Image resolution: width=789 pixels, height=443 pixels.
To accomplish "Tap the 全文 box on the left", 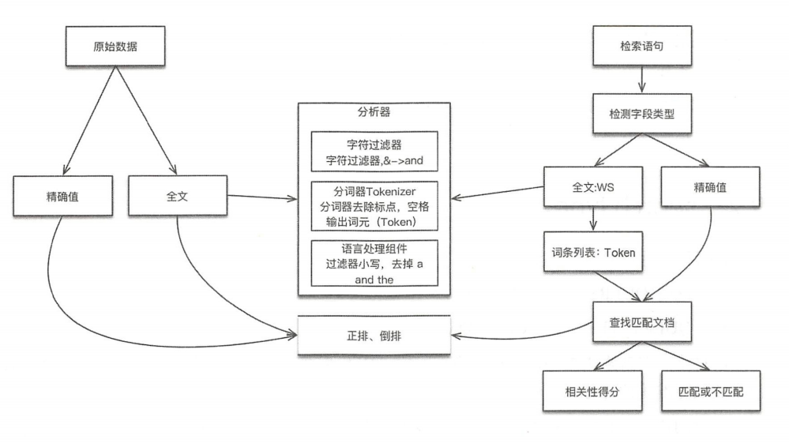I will coord(177,195).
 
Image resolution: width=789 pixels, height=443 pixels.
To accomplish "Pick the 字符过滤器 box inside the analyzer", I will coord(374,152).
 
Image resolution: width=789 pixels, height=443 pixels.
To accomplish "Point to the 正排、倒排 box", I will coord(374,336).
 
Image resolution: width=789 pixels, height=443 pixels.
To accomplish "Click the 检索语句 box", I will coord(641,47).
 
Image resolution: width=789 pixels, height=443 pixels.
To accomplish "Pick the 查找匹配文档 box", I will coord(641,322).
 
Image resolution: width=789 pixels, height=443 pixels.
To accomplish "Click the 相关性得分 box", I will coord(592,392).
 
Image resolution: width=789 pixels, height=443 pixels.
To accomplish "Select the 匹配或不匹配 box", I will coord(710,392).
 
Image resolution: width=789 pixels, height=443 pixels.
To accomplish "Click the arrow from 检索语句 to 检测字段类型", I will coord(641,80).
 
